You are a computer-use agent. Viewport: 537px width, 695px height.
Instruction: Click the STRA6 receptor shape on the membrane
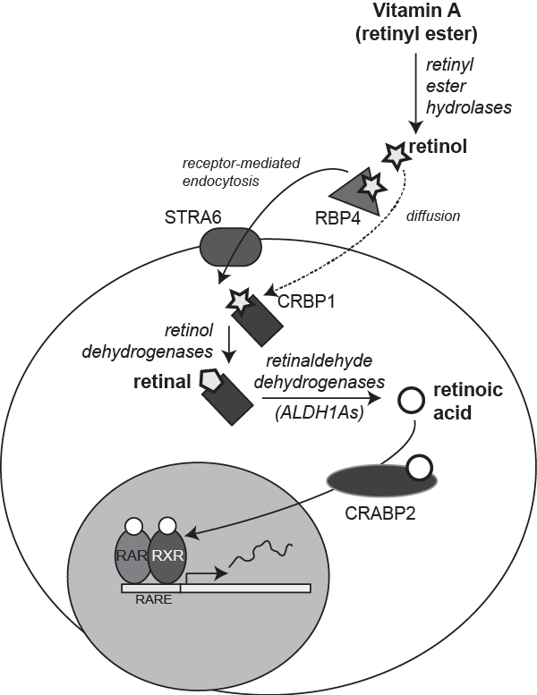231,247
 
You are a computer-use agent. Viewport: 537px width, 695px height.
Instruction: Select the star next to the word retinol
395,155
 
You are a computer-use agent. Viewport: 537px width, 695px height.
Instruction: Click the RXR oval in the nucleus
167,556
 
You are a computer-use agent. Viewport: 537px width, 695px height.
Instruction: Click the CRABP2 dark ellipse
381,481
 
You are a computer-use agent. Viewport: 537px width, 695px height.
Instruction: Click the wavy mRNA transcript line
260,553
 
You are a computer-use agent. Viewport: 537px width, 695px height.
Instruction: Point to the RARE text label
153,599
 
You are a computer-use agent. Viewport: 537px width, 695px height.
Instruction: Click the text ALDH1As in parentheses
320,412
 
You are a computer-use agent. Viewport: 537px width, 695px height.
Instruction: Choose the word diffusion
433,216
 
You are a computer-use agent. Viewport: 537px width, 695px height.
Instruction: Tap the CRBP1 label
306,301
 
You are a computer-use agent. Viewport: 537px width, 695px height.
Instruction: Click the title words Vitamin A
417,10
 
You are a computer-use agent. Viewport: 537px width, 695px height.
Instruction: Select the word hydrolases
469,107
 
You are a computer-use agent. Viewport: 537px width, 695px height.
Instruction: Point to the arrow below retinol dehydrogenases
229,345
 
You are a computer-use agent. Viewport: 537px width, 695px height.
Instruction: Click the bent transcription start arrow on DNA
204,576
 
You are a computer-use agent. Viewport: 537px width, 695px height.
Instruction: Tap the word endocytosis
220,182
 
